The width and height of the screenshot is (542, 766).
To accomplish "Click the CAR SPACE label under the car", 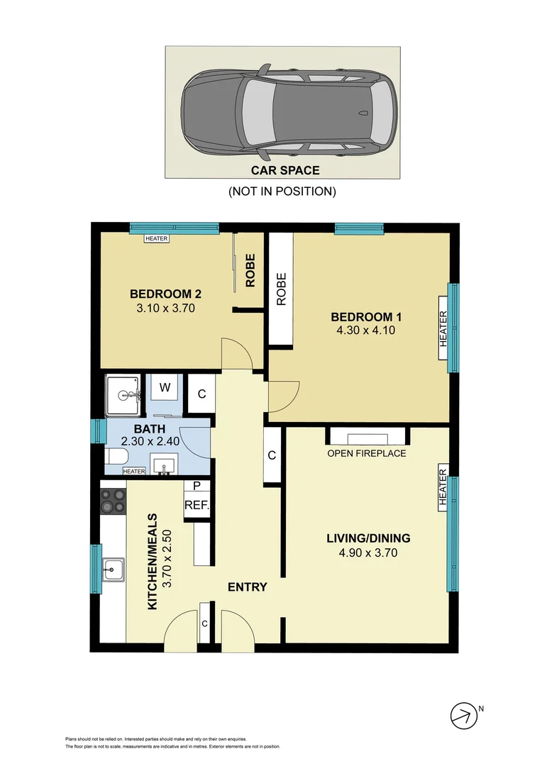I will (x=285, y=170).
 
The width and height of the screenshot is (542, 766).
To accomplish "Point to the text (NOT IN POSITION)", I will (x=282, y=191).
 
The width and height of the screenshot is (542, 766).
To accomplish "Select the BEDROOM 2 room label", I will (x=160, y=294).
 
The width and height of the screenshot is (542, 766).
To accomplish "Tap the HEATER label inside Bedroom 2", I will (x=156, y=239).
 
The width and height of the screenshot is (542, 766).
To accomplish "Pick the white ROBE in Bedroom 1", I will (x=280, y=290).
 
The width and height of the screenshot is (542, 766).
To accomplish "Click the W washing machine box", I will (x=164, y=388).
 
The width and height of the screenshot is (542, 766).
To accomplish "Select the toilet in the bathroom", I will (x=116, y=457).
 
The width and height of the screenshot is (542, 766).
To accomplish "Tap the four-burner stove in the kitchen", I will (x=113, y=502).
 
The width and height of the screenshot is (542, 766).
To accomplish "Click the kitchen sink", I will (x=113, y=568).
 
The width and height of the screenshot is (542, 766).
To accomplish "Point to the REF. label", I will (x=197, y=506).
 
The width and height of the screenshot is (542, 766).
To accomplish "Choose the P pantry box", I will (x=197, y=487).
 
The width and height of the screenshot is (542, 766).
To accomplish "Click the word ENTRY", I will (x=247, y=587).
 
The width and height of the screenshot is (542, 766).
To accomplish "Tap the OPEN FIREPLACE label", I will (x=367, y=453).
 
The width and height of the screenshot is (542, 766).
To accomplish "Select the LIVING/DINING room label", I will (x=367, y=538).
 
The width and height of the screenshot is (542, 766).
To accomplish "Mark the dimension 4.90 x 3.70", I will (x=367, y=553).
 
